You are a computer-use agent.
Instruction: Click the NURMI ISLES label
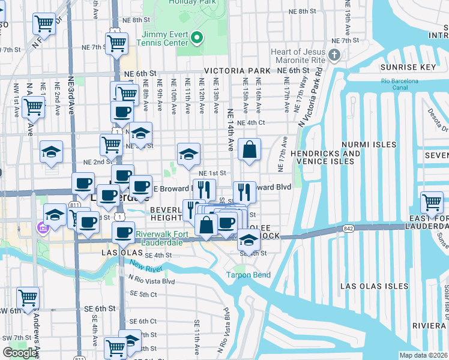369,145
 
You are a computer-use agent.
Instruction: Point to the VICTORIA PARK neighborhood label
237,71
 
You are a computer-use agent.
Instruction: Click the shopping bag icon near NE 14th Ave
249,149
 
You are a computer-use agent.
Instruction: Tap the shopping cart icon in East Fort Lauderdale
432,202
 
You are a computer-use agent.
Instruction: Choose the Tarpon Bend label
248,275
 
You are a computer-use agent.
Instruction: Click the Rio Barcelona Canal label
402,85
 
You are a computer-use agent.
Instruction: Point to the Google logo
20,353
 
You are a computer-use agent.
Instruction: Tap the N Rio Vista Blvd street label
151,281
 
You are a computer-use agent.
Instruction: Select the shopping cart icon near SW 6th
28,297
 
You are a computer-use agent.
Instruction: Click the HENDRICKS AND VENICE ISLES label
325,157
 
